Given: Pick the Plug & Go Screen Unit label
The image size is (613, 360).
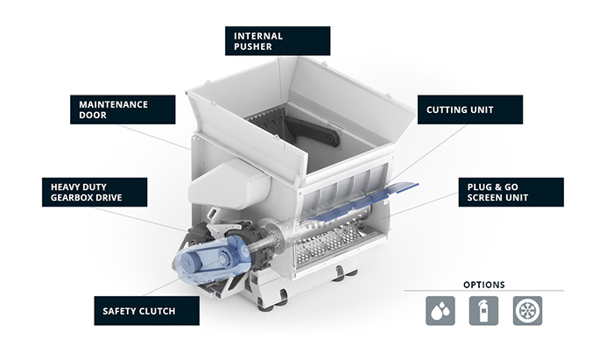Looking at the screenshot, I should pos(511,192).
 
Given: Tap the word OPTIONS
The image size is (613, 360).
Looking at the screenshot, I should pos(483,285).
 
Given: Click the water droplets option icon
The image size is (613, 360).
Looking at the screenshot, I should pos(440,311).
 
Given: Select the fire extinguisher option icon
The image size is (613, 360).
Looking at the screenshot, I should pos(483,311).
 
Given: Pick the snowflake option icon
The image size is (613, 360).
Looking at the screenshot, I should pos(527,311).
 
